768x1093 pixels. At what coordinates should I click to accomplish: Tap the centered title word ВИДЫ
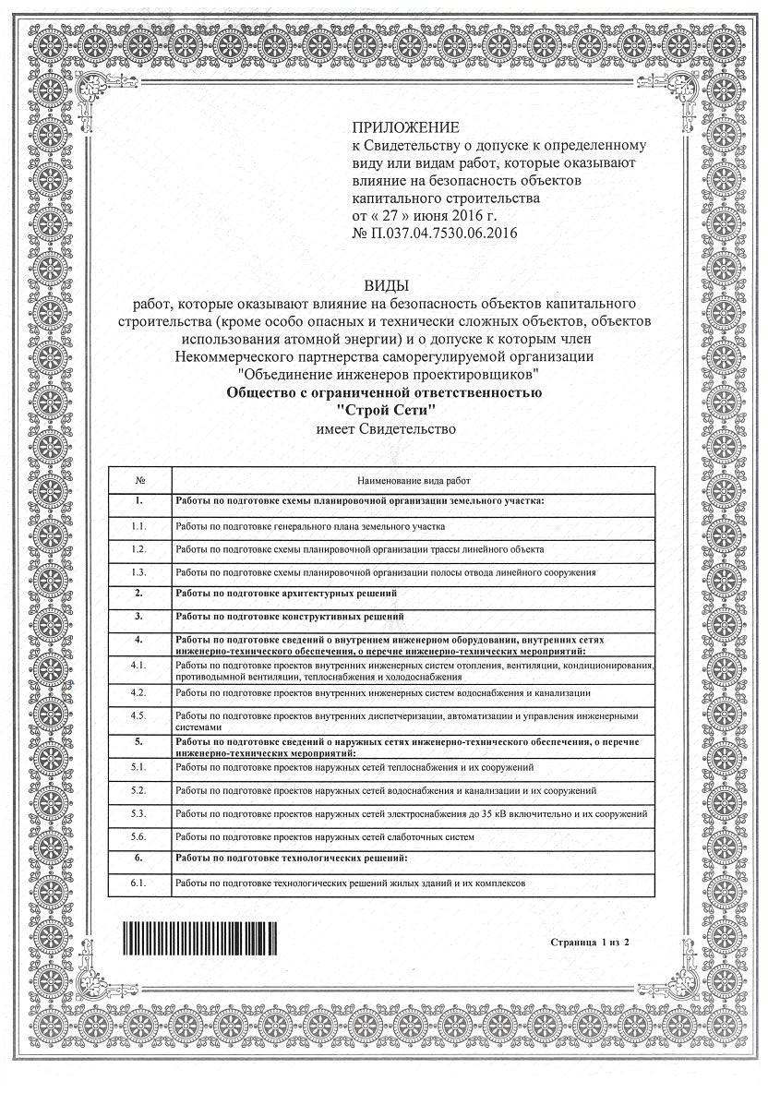tap(384, 286)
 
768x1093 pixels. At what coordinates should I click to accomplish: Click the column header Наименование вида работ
tap(414, 481)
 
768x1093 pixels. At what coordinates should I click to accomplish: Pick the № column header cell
tap(139, 481)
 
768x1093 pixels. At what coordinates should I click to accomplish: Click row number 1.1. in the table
tap(139, 525)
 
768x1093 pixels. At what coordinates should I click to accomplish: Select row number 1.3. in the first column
tap(139, 572)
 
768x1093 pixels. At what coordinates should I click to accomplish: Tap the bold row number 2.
tap(139, 593)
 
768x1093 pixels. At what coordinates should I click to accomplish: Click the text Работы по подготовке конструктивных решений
tap(289, 615)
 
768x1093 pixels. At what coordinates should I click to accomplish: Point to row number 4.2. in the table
tap(139, 691)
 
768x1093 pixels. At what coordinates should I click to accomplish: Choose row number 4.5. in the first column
tap(139, 716)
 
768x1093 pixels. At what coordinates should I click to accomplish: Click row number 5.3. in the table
tap(139, 814)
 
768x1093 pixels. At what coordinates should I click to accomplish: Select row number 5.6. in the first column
tap(139, 836)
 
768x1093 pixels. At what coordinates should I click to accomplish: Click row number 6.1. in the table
tap(139, 883)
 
